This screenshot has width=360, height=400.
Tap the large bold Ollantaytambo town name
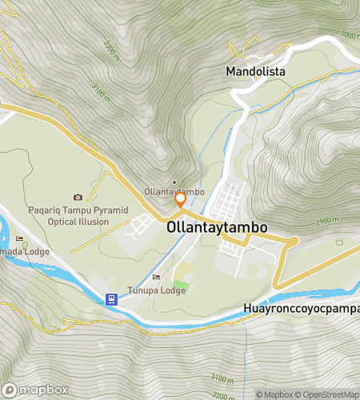(217, 227)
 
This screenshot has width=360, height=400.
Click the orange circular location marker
(181, 199)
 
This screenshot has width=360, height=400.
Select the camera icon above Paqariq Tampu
(78, 198)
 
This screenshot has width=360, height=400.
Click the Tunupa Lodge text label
(157, 290)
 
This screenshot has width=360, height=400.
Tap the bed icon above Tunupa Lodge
(156, 278)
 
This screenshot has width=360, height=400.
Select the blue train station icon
(111, 299)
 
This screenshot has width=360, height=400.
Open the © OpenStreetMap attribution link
(328, 394)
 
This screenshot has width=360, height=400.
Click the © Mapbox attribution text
(274, 394)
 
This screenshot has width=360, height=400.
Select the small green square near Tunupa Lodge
(182, 286)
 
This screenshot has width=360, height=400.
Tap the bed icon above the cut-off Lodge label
(20, 238)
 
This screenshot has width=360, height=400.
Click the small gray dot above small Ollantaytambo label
(175, 182)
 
